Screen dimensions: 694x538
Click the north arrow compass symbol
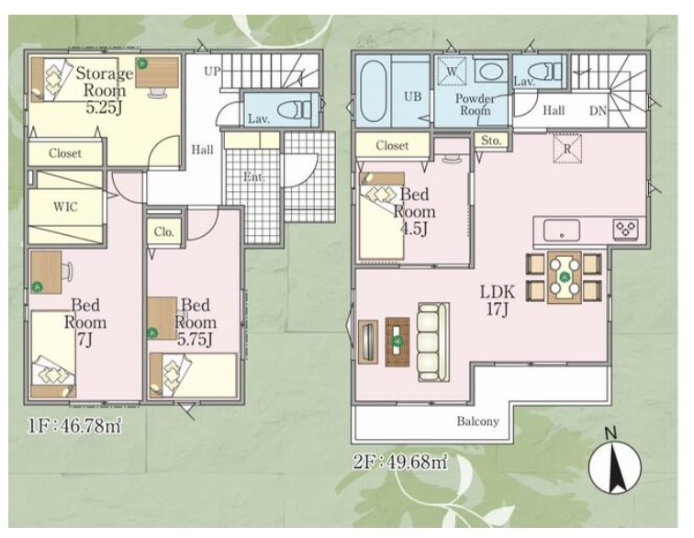tap(614, 466)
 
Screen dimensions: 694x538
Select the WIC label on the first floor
tap(65, 207)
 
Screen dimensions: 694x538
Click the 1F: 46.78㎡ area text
tap(74, 425)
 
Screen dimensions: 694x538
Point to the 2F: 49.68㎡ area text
tap(399, 462)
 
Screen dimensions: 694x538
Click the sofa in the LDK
tap(433, 342)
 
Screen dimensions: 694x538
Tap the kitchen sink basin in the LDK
tap(562, 230)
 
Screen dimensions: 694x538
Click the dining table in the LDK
tap(565, 277)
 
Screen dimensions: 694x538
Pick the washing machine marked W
tap(452, 72)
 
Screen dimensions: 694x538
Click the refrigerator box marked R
tap(567, 149)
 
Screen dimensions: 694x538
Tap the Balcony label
tap(478, 421)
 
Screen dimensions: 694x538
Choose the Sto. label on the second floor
tap(491, 140)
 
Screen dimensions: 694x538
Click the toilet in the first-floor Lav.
tap(298, 110)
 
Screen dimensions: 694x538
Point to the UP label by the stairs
tap(212, 71)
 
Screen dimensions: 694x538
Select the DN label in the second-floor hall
tap(598, 111)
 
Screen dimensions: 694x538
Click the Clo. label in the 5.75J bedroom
tap(163, 231)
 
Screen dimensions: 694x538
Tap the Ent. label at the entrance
tap(254, 177)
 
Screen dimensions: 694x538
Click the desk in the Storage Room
tap(157, 73)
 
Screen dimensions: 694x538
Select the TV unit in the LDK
tap(368, 342)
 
